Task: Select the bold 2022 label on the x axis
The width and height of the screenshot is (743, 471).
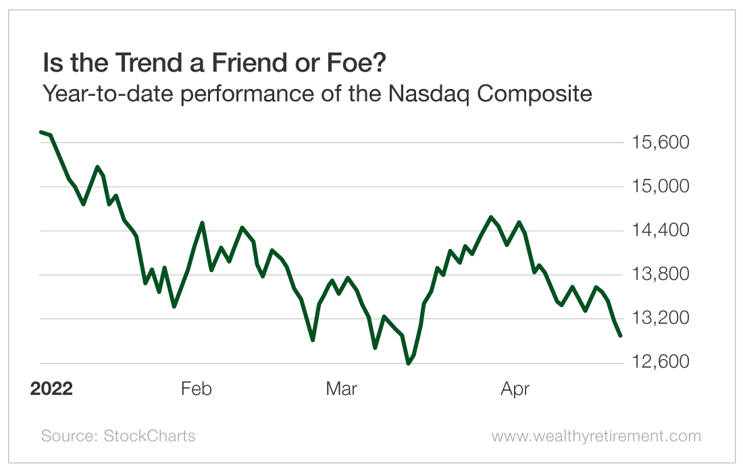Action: coord(51,389)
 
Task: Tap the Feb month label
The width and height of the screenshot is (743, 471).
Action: coord(197,389)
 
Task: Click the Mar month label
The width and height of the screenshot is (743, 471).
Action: coord(341,389)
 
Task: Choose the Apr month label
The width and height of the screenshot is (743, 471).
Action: coord(515,389)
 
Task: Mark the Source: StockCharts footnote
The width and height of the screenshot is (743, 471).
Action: coord(118,436)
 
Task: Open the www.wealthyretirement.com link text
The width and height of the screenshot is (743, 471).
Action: coord(596,436)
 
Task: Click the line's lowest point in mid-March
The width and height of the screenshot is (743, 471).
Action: coord(408,364)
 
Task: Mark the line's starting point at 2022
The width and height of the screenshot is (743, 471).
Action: coord(41,132)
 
